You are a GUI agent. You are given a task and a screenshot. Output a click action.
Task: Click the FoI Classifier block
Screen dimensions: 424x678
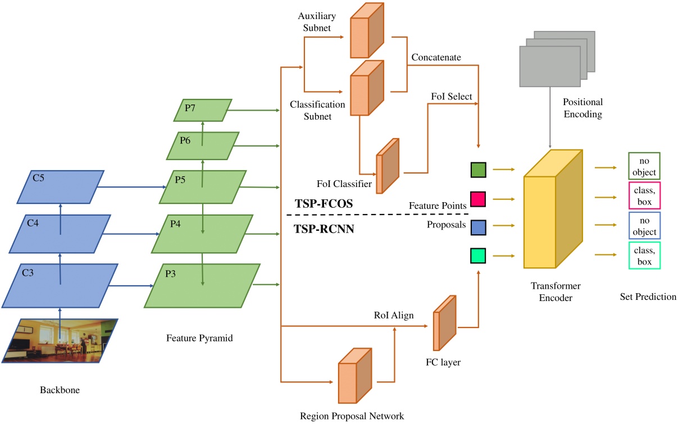point(388,166)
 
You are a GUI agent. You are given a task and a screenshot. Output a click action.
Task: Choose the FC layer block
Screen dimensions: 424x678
point(443,322)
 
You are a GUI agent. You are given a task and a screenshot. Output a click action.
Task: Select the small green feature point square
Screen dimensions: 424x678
point(479,170)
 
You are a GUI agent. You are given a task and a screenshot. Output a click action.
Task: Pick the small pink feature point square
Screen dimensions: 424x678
point(479,198)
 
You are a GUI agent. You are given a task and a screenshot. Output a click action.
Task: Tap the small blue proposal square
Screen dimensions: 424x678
point(479,227)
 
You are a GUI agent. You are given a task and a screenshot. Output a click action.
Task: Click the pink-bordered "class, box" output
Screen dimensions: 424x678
point(645,195)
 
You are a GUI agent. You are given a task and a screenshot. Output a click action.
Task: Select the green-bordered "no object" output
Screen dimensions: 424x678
point(644,165)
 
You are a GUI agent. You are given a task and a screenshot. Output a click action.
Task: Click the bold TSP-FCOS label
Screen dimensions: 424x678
point(324,204)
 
